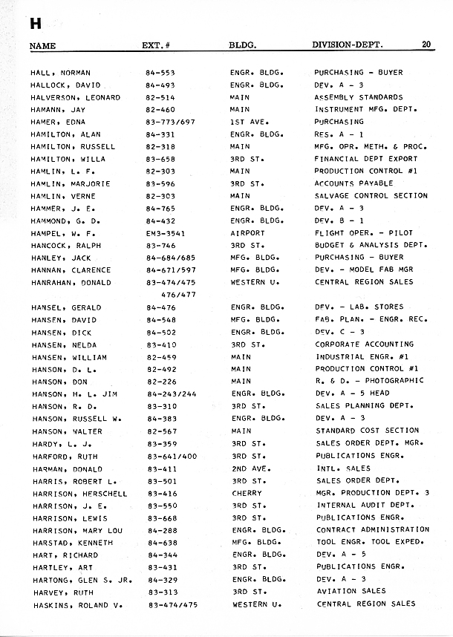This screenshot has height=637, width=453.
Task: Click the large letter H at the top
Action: [35, 24]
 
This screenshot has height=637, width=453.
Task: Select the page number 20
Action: [427, 45]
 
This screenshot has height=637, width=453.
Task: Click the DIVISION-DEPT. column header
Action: [348, 45]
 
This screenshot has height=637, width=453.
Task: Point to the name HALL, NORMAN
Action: [60, 73]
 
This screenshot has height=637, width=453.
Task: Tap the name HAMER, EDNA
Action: [58, 122]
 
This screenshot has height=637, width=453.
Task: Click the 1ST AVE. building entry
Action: [248, 122]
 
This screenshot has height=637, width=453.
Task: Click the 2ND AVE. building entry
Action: [249, 468]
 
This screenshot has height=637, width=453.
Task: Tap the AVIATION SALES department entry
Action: [351, 592]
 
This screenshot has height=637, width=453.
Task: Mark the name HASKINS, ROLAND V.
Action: [78, 604]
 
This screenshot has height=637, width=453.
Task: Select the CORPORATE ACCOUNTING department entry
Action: [365, 344]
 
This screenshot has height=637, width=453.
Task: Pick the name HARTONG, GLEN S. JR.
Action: [82, 579]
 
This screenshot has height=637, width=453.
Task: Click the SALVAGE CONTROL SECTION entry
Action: [371, 195]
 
